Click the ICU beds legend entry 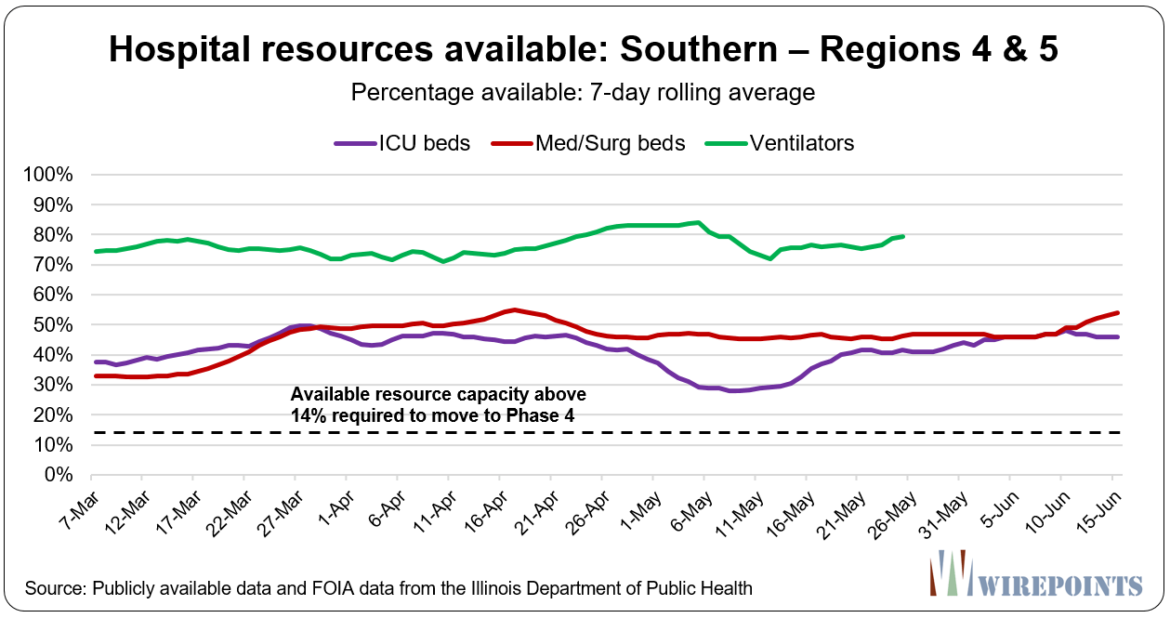click(x=401, y=143)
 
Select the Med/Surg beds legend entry click(x=595, y=143)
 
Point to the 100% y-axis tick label click(x=61, y=176)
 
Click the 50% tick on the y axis click(x=65, y=325)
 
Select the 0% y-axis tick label click(x=69, y=475)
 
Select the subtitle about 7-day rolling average click(x=584, y=93)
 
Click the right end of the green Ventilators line click(x=903, y=236)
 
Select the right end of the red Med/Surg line click(x=1117, y=313)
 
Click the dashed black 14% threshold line click(x=604, y=433)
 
